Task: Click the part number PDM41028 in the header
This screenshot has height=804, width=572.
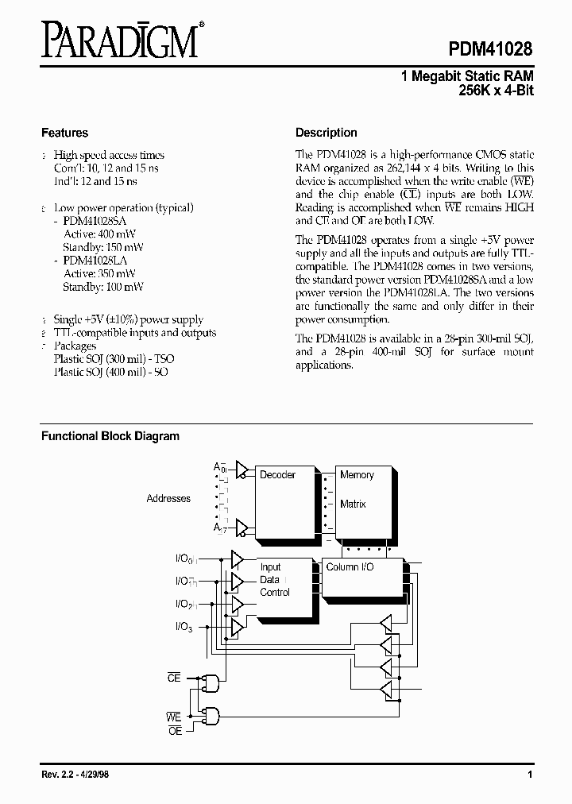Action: coord(487,46)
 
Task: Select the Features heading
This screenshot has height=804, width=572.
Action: coord(64,133)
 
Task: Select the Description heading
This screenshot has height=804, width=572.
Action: coord(326,133)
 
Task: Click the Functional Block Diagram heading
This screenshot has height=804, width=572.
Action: coord(110,436)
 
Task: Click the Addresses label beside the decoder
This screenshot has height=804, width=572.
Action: coord(168,499)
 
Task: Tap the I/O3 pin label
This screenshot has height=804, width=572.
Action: coord(182,628)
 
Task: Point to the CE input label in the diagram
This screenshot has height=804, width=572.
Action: coord(174,678)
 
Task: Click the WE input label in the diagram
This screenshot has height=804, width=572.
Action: coord(174,717)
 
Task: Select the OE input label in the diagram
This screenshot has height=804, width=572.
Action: coord(175,730)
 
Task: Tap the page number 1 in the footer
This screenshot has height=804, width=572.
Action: coord(529,775)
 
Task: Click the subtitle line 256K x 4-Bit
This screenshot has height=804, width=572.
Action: coord(496,91)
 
